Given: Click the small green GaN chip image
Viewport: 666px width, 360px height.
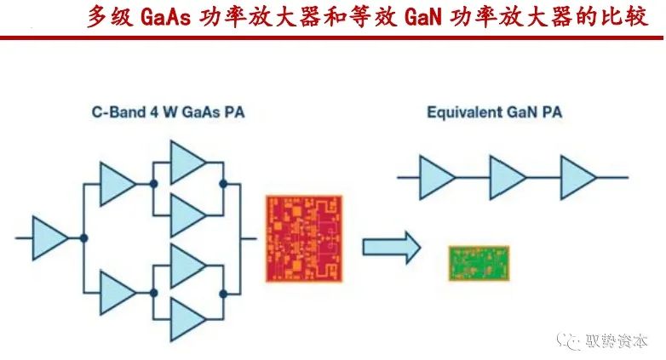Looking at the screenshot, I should pyautogui.click(x=479, y=264).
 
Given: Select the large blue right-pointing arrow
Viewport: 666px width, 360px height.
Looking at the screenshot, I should pyautogui.click(x=392, y=248).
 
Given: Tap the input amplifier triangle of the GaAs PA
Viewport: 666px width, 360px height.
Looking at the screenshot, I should pyautogui.click(x=49, y=237).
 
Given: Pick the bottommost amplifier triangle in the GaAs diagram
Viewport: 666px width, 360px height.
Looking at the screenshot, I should pyautogui.click(x=188, y=319).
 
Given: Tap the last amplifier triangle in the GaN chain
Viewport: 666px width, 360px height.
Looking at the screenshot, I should pyautogui.click(x=578, y=177).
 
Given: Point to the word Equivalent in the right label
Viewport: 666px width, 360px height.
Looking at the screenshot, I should pyautogui.click(x=458, y=112).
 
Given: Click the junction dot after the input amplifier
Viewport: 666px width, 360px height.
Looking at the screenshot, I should pyautogui.click(x=83, y=237).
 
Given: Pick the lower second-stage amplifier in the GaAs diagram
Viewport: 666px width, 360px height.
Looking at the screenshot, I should pyautogui.click(x=118, y=292).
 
